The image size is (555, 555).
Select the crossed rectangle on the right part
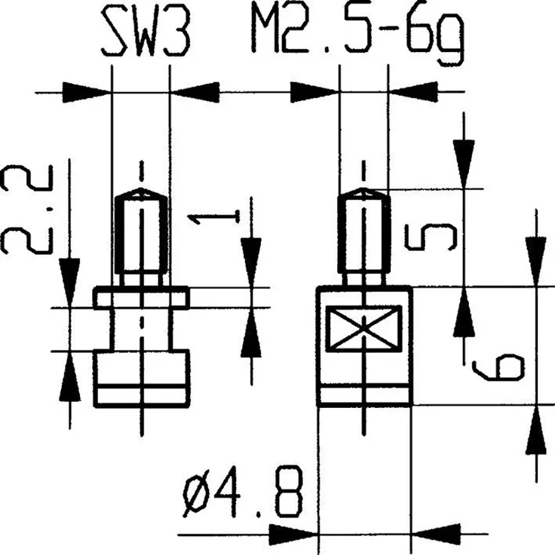(363, 329)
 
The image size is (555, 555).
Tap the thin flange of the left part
(141, 298)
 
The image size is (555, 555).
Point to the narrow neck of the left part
(141, 330)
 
